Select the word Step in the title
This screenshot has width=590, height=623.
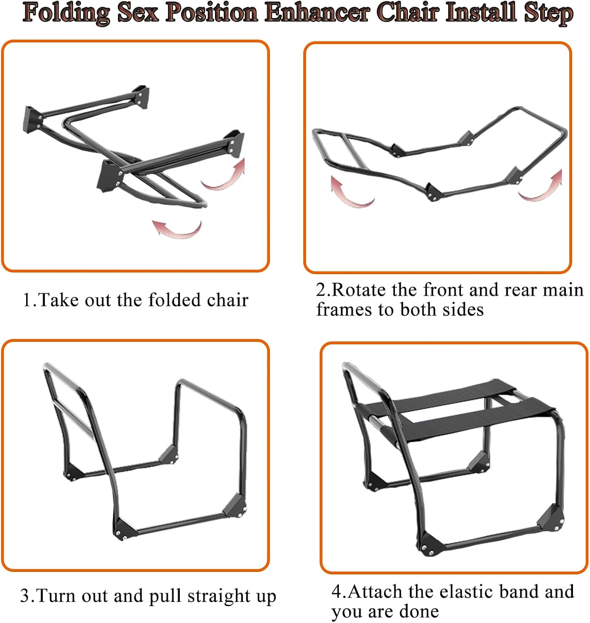548,13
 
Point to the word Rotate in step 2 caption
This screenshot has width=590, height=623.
360,290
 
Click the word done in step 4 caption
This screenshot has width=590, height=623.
419,611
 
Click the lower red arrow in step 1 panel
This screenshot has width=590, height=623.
178,229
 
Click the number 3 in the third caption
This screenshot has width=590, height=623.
25,596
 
